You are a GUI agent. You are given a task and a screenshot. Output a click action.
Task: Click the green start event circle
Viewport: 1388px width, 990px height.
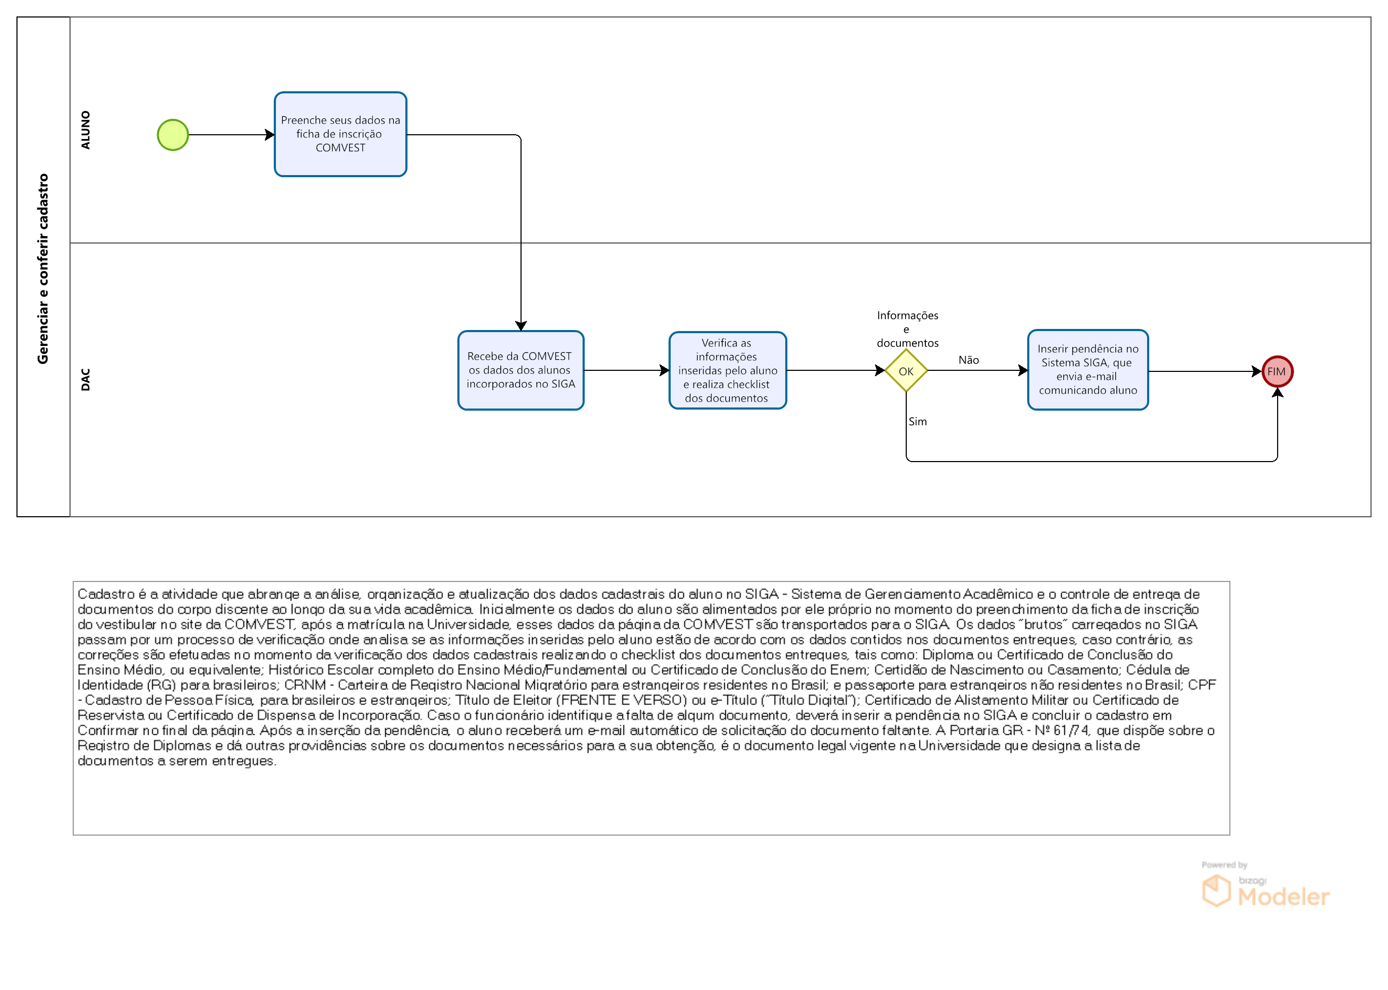172,135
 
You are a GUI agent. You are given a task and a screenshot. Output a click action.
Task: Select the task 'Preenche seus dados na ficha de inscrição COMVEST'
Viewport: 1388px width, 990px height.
340,134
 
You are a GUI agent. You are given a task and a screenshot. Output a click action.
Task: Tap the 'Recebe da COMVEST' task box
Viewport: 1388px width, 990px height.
520,370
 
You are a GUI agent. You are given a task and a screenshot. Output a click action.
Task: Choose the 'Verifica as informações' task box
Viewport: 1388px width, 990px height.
727,370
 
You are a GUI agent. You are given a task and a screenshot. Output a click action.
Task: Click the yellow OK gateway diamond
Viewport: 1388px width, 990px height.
906,371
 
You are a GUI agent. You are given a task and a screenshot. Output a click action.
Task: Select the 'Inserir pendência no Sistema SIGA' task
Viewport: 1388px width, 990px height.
1088,370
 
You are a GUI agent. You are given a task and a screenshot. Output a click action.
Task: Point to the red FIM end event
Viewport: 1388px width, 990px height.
1277,371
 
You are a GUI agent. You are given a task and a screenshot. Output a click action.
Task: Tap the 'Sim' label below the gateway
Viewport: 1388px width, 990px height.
917,421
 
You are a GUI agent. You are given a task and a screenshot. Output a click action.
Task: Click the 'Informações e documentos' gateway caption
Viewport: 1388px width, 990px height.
907,329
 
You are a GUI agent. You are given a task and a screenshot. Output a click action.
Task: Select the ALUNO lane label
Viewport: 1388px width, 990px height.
85,130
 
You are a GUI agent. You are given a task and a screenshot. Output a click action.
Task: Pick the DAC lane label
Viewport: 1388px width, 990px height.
85,379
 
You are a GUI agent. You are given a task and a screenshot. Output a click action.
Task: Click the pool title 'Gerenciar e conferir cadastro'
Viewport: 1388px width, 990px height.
42,269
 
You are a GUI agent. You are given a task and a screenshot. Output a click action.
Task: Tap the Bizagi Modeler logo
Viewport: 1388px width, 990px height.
1265,891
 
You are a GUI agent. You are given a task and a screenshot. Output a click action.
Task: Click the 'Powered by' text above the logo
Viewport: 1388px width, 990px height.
1224,864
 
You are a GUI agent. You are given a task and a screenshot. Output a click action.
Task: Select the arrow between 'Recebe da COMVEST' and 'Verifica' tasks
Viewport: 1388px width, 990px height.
627,370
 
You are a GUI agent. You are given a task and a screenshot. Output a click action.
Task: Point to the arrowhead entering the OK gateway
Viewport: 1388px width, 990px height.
880,370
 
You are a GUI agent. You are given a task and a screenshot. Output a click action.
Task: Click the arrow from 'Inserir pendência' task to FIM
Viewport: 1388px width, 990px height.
1205,371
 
